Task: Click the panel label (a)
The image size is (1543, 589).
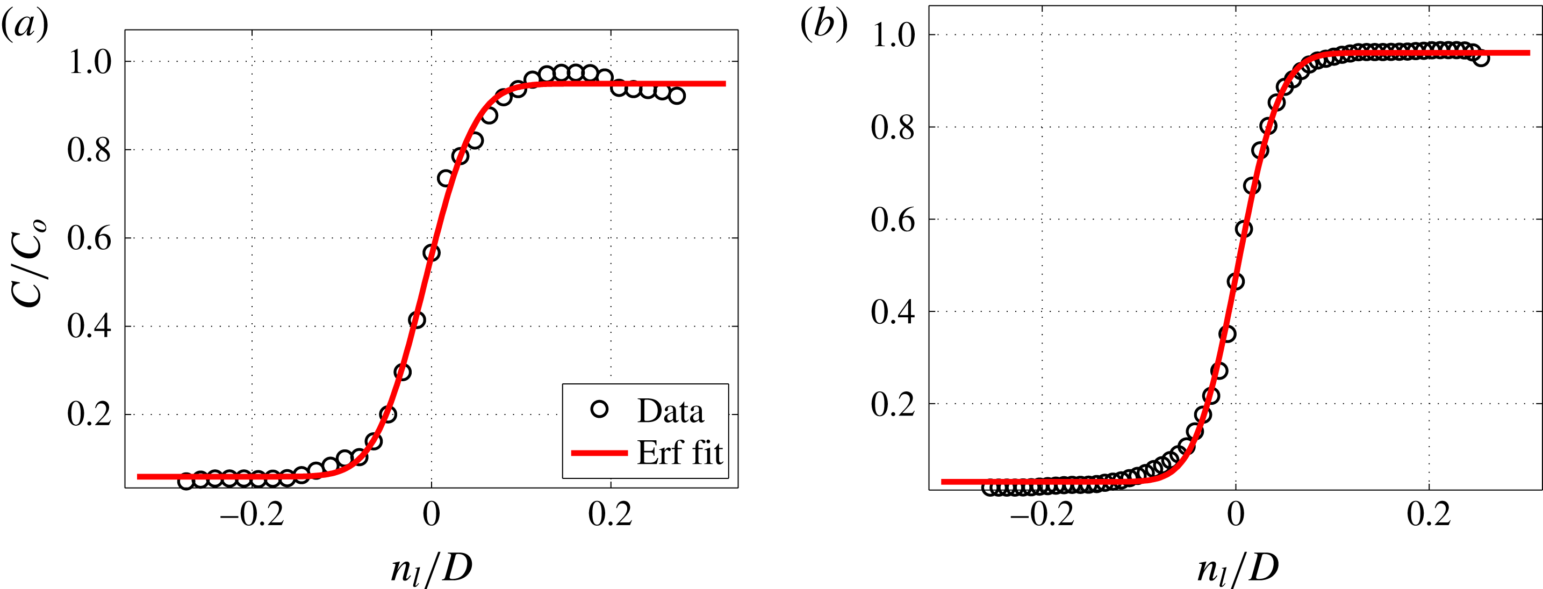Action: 25,26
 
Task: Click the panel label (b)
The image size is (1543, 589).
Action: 824,25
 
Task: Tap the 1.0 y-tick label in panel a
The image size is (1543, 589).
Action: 90,62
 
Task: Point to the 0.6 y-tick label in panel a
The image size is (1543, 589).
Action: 90,239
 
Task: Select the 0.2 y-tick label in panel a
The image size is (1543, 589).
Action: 90,414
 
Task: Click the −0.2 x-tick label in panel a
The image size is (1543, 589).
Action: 252,515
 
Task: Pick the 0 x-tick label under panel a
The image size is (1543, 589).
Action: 431,515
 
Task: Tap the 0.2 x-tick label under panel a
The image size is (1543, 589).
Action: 610,515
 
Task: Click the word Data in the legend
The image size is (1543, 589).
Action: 670,411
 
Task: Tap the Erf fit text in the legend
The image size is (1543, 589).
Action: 679,453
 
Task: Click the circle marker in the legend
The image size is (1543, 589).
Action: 599,410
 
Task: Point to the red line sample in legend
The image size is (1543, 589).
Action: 599,453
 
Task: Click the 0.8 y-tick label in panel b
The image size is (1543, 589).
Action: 893,127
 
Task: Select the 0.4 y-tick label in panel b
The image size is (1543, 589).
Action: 893,312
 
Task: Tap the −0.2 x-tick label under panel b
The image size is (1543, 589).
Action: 1042,515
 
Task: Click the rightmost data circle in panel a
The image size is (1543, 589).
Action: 676,96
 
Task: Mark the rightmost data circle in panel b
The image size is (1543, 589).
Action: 1480,58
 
